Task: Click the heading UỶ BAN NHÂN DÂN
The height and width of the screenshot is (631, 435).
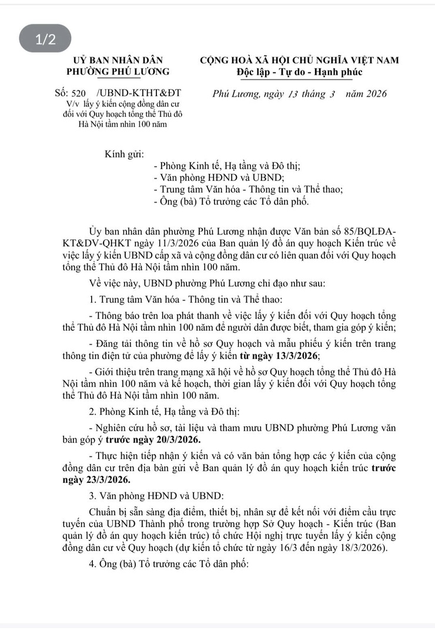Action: pos(118,60)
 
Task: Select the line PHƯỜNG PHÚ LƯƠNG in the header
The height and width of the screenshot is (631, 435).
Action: pos(118,72)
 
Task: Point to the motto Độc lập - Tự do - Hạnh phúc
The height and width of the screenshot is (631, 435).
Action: pos(299,72)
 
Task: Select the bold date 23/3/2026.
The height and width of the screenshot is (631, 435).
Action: pos(96,480)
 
